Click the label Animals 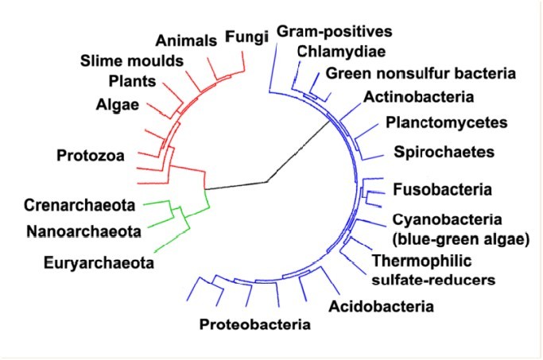coord(186,41)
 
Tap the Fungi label coord(246,37)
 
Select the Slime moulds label coord(132,61)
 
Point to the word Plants coord(132,81)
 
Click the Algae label coord(118,105)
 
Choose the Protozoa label coord(91,156)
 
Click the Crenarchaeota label coord(80,205)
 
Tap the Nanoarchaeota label coord(83,231)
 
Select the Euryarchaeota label coord(99,263)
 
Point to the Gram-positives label coord(334,32)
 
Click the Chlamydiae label coord(341,52)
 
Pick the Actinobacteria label coord(418,97)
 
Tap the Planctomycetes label coord(446,123)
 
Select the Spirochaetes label coord(444,153)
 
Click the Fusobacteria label coord(442,190)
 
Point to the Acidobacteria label coord(381,307)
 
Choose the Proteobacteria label coord(255,324)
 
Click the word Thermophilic coord(421,261)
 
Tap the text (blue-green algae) coord(461,239)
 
